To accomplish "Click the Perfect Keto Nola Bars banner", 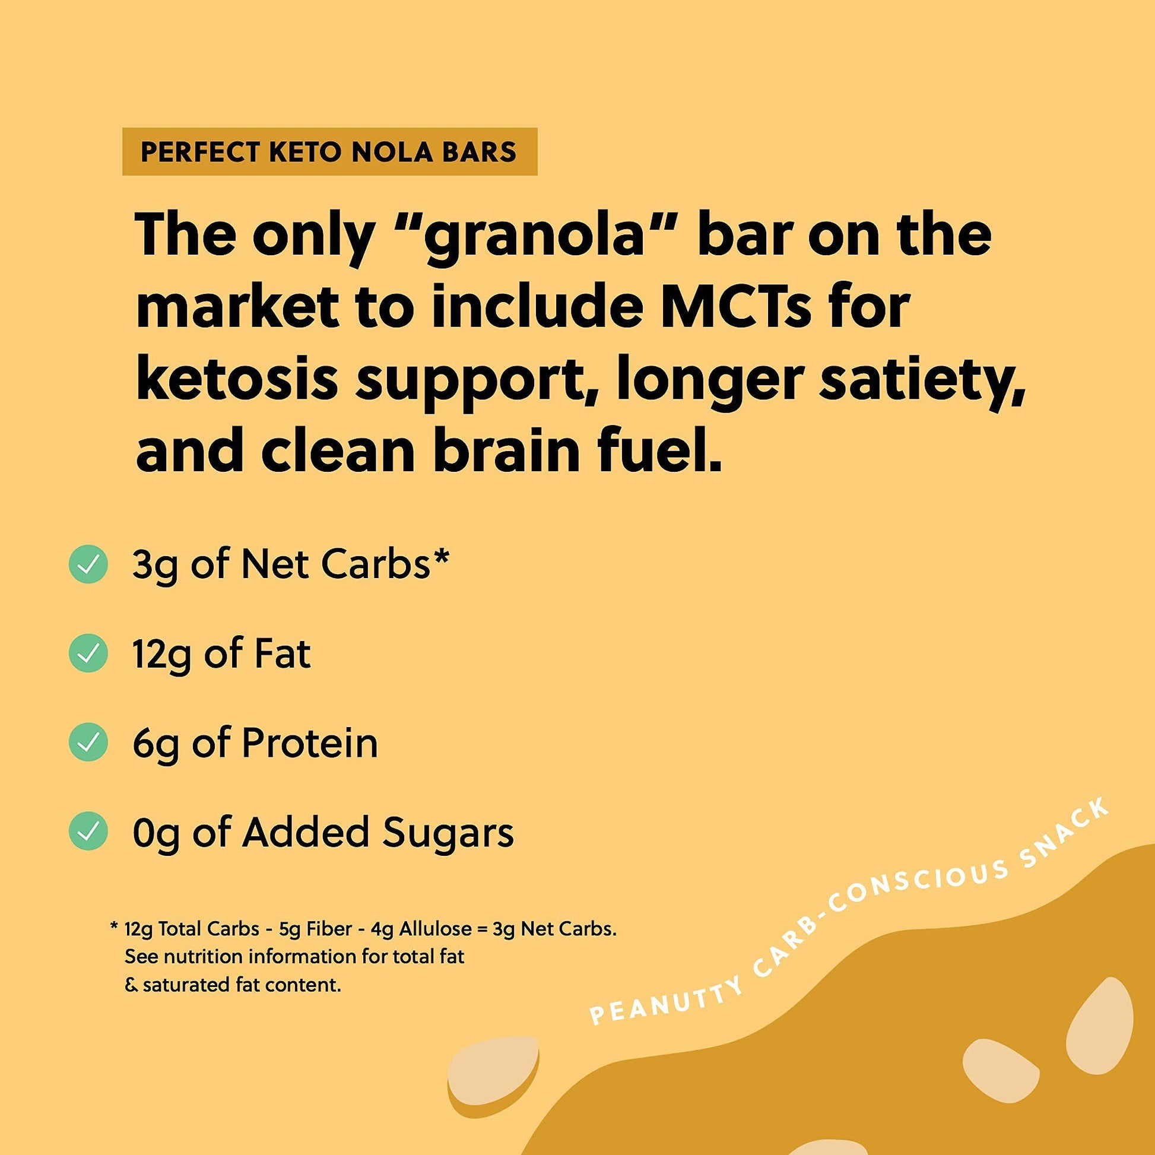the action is tap(329, 151).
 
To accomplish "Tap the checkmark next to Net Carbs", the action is tap(88, 564).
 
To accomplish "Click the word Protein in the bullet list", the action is tap(310, 743).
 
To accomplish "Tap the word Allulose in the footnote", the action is tap(434, 929).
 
